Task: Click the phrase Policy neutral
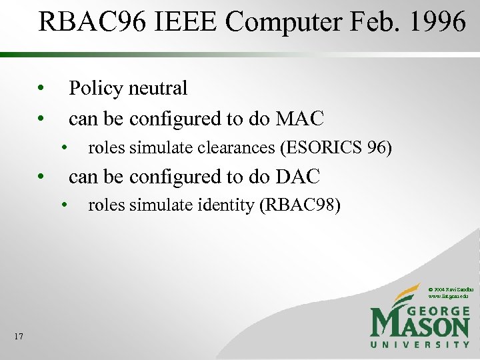[x=128, y=88]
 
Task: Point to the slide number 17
[x=18, y=337]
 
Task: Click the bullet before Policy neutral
[x=41, y=88]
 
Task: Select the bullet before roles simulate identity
[x=65, y=205]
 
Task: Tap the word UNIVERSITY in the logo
[x=420, y=344]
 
